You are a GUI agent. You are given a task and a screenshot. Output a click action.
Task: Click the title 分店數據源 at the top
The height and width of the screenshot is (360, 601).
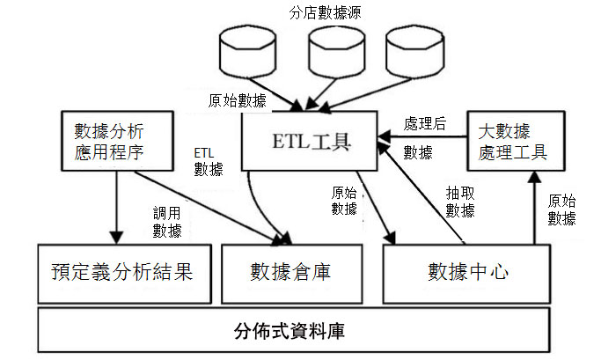click(325, 12)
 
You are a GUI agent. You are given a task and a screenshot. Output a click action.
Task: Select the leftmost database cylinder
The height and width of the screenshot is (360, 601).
click(247, 52)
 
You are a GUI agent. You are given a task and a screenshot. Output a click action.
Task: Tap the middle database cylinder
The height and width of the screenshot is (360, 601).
click(336, 52)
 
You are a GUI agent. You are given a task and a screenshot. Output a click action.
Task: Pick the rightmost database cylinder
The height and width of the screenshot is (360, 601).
click(415, 52)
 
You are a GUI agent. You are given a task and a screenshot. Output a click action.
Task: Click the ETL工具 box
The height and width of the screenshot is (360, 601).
click(310, 141)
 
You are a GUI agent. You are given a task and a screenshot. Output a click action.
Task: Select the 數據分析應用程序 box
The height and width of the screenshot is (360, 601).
click(117, 141)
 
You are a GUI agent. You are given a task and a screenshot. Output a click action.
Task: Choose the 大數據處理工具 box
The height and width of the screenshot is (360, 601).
click(516, 141)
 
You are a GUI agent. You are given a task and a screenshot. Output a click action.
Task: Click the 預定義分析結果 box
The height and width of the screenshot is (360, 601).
click(125, 274)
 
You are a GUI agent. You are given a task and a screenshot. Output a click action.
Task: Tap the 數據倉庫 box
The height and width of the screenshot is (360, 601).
click(291, 274)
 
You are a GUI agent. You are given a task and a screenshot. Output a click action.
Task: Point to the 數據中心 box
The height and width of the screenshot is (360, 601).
click(467, 274)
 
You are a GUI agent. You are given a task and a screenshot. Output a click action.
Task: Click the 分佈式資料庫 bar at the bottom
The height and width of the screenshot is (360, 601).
click(294, 330)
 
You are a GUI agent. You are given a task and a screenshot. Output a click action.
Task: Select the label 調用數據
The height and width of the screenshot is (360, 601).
click(167, 222)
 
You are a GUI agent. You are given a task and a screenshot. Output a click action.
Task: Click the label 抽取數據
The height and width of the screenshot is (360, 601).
click(460, 202)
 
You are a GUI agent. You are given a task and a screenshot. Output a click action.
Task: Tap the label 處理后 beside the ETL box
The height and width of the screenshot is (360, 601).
click(425, 123)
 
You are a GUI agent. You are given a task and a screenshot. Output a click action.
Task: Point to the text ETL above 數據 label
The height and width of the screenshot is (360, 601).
click(203, 153)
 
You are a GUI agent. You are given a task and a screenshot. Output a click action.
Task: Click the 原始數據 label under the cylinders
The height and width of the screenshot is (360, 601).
click(238, 100)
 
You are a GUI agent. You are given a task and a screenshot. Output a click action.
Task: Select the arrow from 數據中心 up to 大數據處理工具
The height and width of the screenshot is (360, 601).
click(535, 208)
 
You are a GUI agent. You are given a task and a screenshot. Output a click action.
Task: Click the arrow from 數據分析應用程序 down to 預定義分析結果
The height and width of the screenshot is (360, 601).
click(116, 207)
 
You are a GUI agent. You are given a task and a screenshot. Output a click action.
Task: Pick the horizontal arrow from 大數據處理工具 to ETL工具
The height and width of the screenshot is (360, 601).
click(422, 136)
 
